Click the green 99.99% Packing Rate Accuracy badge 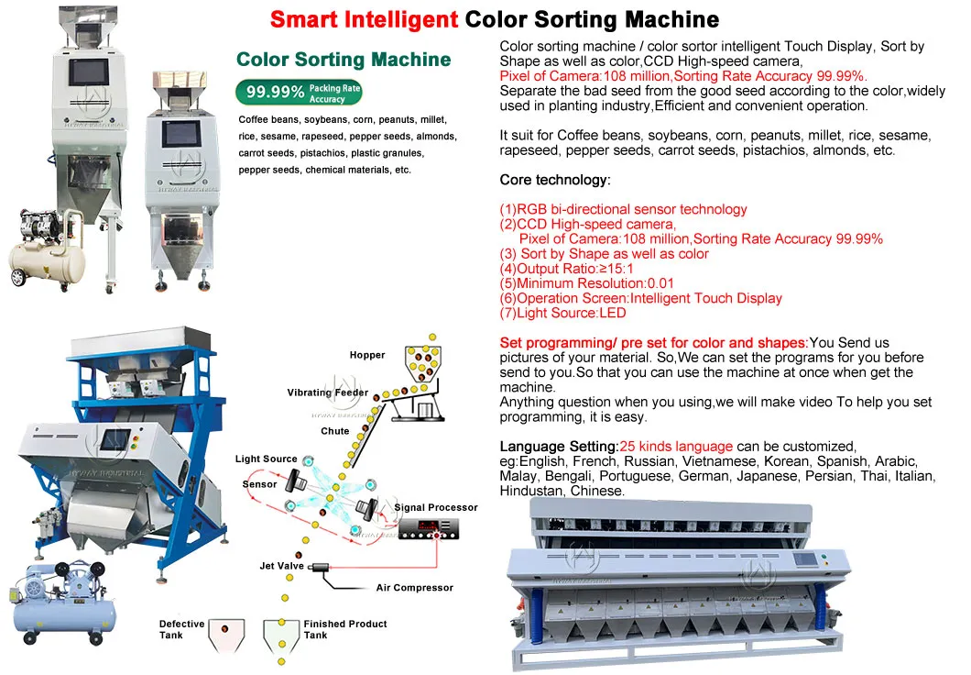(299, 93)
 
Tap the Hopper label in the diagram (366, 355)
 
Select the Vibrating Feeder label (328, 393)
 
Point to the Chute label (335, 431)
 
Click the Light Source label (267, 459)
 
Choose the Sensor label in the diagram (259, 484)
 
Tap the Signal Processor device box (429, 529)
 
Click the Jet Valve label (282, 566)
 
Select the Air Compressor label (414, 588)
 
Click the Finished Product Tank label (345, 629)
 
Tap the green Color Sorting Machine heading (344, 60)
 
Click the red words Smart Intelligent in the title (365, 20)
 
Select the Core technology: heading (555, 180)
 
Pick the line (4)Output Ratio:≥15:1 (567, 269)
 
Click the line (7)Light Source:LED (563, 313)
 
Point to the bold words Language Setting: (559, 447)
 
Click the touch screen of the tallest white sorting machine (88, 72)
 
